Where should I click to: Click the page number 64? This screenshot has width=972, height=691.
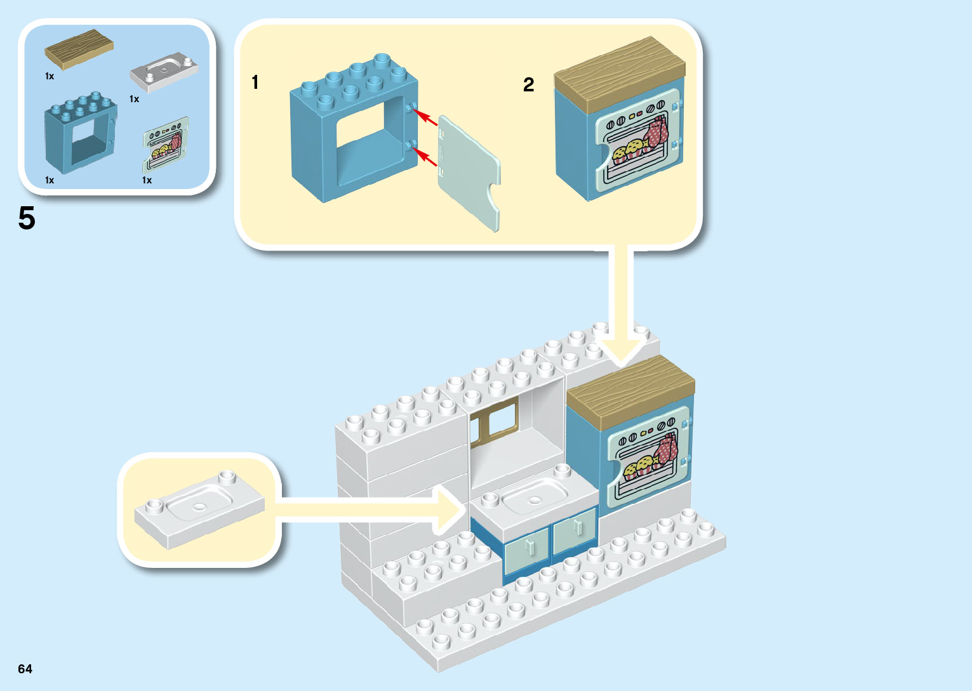[25, 669]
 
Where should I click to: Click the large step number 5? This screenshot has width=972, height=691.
[27, 218]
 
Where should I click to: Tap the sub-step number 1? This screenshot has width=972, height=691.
[255, 82]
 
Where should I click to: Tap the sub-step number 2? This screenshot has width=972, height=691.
[528, 84]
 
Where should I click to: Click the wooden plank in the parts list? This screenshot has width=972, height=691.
[79, 48]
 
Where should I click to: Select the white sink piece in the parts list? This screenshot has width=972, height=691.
[164, 71]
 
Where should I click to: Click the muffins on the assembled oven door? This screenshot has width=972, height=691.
[640, 468]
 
